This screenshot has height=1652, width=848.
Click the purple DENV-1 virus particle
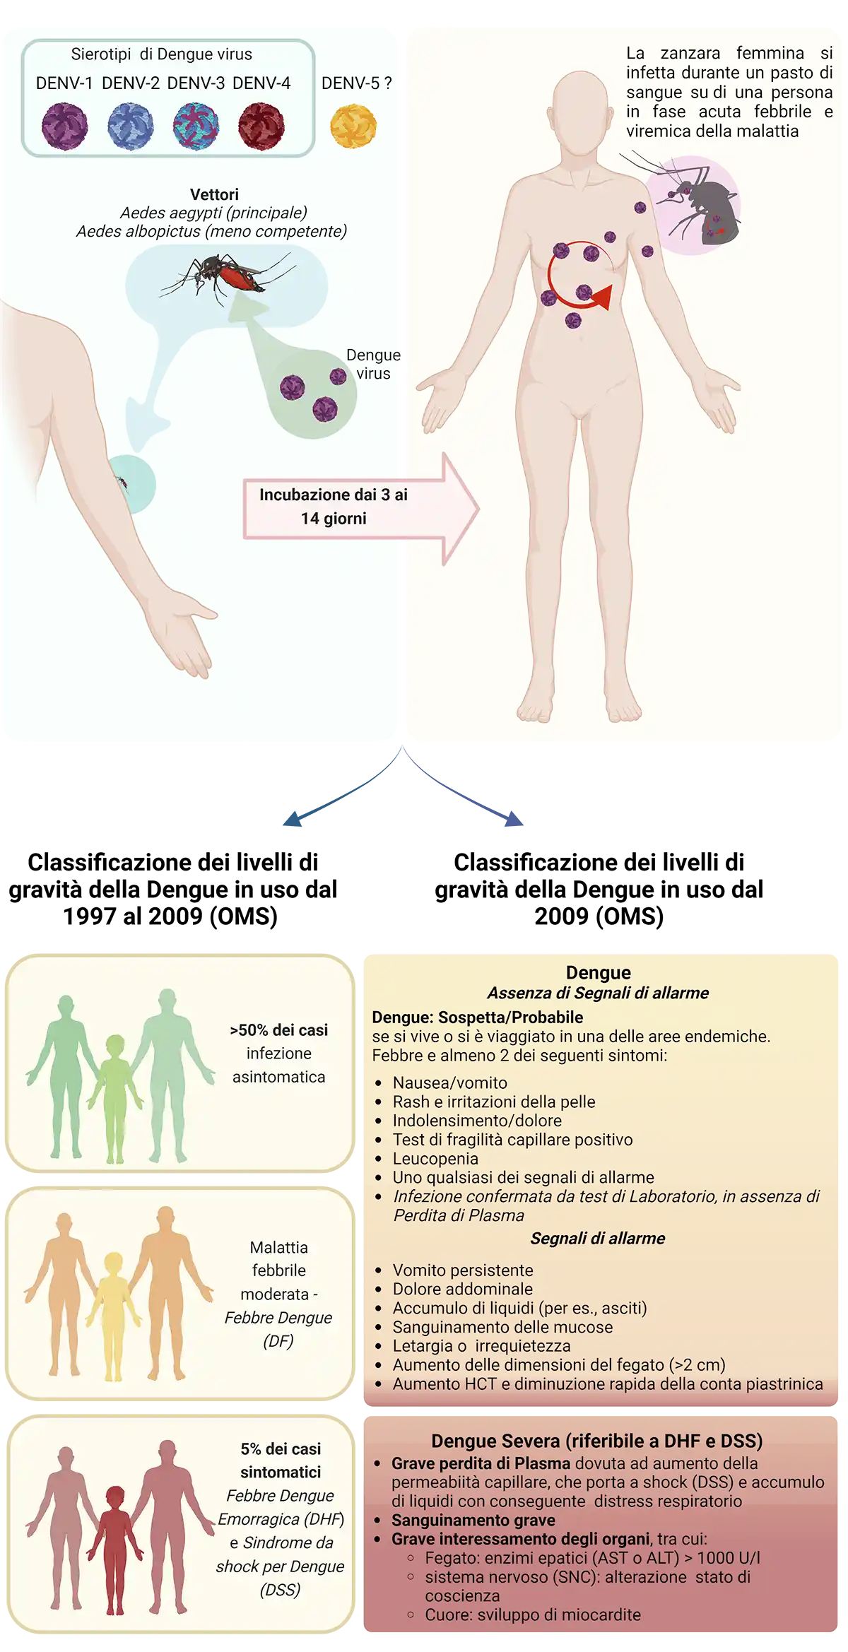tap(65, 126)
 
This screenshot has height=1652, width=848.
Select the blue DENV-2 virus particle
tap(131, 126)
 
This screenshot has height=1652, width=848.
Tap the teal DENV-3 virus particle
tap(196, 126)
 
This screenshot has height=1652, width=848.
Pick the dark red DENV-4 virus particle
tap(261, 126)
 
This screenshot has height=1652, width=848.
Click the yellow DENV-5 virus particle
tap(353, 126)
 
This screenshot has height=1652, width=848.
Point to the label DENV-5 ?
tap(356, 83)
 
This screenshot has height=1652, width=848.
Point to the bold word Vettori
tap(214, 194)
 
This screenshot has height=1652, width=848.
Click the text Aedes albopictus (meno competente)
tap(211, 232)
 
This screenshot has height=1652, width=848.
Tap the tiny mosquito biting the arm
tap(123, 483)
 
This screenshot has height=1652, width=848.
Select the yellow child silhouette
tap(113, 1314)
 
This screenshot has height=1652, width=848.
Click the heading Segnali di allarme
tap(597, 1238)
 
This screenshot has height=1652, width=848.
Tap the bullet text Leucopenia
tap(435, 1159)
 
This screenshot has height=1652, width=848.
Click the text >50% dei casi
tap(278, 1030)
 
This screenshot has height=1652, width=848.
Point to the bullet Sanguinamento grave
tap(473, 1520)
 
